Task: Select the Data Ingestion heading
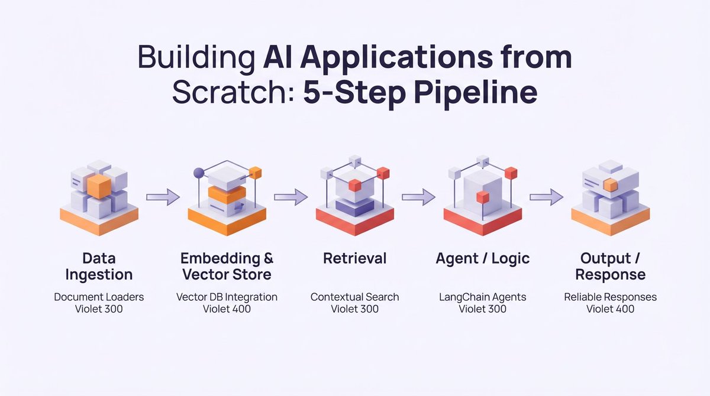point(99,267)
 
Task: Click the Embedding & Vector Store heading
point(227,267)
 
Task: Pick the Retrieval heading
point(355,258)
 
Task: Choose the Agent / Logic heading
point(483,258)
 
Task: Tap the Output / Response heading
point(610,267)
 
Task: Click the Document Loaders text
point(99,297)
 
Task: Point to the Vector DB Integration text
point(227,297)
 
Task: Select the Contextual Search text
point(355,297)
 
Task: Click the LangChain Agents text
point(483,297)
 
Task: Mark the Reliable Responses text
point(610,297)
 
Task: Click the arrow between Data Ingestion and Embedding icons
point(163,196)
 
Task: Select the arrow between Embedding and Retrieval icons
point(291,196)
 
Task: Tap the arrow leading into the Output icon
point(546,196)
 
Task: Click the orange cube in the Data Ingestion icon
point(98,186)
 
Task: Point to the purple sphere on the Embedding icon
point(199,173)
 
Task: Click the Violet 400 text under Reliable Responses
point(610,309)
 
